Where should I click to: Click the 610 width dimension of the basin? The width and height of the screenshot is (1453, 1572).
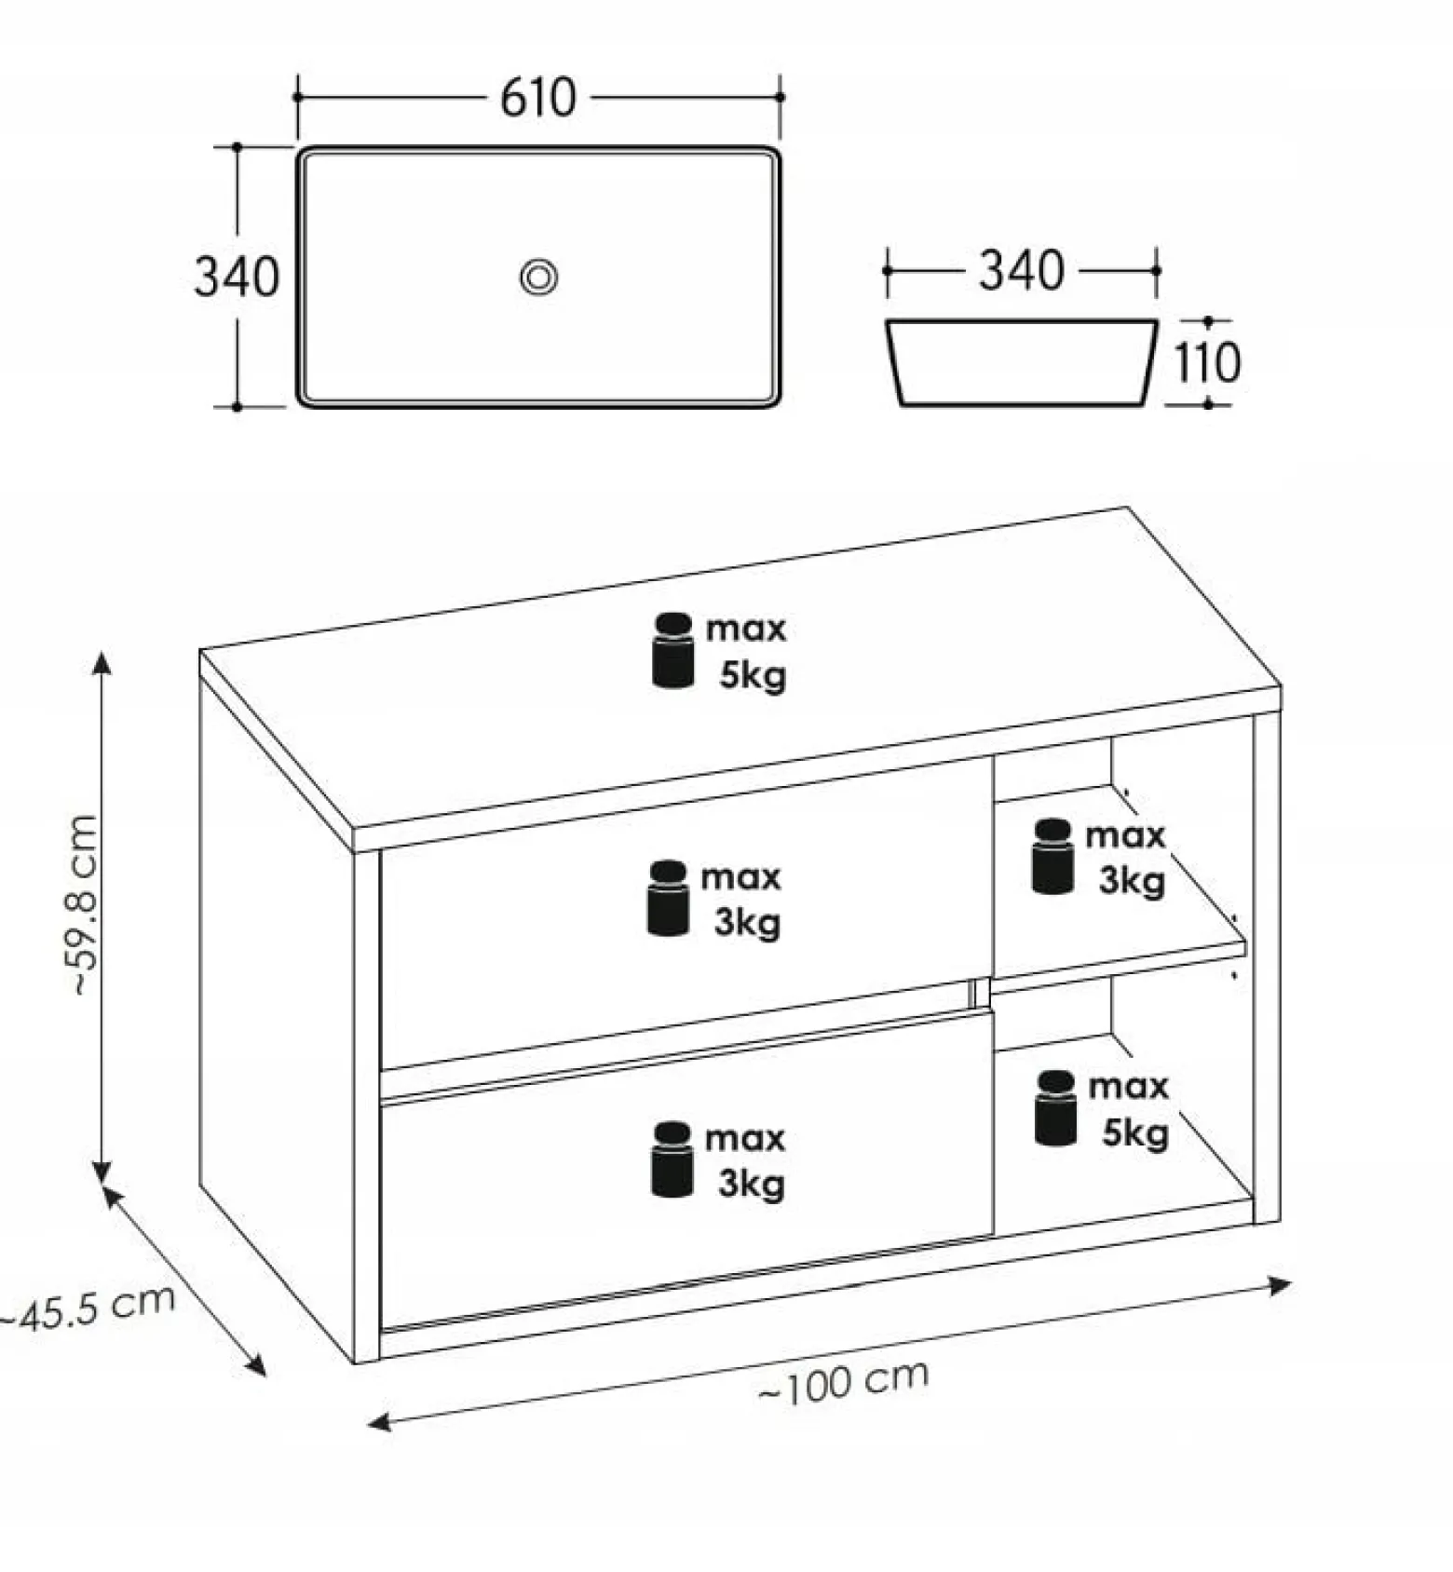538,98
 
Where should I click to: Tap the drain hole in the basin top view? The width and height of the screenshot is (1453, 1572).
538,277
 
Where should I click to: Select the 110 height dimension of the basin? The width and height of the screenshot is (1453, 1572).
1207,363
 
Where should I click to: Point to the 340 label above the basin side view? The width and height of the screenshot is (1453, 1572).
1021,271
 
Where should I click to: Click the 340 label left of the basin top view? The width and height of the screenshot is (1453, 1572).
237,277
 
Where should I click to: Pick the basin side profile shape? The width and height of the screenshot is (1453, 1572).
1022,363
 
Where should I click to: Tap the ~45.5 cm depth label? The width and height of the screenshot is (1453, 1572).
88,1308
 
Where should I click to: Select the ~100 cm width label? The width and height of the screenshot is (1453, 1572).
844,1381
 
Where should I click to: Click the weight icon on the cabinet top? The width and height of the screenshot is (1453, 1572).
673,651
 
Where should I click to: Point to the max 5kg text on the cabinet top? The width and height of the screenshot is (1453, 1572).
747,652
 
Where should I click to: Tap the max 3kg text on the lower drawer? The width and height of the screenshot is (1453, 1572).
746,1161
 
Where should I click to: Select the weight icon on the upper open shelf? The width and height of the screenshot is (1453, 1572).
1053,857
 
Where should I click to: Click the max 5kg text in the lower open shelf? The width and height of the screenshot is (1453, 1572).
1129,1109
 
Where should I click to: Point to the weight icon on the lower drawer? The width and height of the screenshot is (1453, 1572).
672,1159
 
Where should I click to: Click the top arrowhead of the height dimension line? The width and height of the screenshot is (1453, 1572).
102,662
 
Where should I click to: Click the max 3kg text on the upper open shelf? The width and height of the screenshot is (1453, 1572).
1126,858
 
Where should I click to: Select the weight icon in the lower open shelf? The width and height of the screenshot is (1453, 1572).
1056,1108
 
